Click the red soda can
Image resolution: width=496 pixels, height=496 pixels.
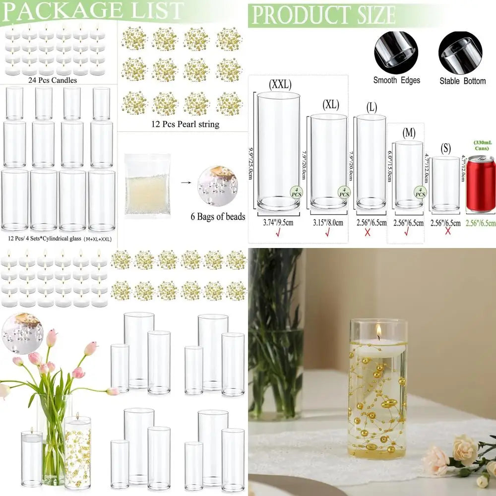(481, 184)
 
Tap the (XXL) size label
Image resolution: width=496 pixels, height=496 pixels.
(280, 84)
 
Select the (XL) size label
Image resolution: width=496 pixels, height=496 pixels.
(330, 105)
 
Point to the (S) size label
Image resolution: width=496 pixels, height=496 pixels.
(445, 148)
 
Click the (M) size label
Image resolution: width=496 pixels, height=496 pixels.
(409, 132)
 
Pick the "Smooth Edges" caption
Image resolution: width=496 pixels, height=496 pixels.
(397, 80)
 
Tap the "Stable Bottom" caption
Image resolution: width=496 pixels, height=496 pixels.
(462, 80)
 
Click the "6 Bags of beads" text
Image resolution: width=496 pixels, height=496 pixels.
(218, 216)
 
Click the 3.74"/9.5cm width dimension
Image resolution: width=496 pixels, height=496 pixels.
(278, 223)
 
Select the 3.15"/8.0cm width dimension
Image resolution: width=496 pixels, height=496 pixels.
(328, 223)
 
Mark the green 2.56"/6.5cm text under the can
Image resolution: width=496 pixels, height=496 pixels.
(481, 223)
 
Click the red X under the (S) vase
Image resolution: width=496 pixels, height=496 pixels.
(447, 232)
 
